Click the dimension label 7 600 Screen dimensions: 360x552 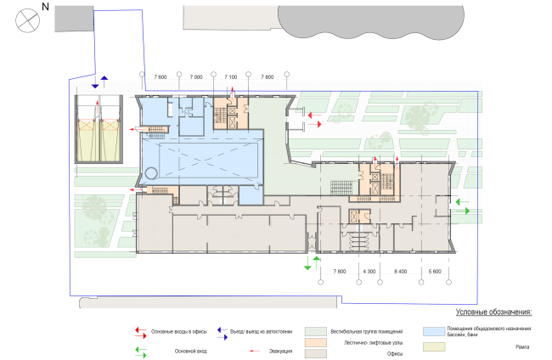click(x=161, y=78)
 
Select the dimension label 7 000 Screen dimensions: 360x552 click(x=197, y=78)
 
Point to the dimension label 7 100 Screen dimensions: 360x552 click(x=229, y=78)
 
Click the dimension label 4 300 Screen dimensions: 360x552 click(x=369, y=272)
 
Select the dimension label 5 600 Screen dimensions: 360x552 click(x=435, y=272)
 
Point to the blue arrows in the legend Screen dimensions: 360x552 click(x=222, y=331)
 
